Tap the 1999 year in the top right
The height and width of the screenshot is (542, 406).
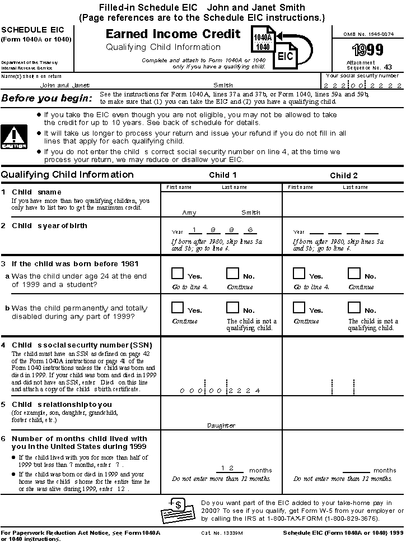tap(367, 50)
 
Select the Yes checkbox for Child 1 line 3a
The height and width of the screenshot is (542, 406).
tap(178, 273)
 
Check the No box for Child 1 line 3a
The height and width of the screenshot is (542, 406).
tap(232, 273)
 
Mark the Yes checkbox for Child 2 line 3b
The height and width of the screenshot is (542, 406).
tap(299, 307)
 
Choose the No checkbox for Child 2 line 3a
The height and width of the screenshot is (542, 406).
tap(354, 273)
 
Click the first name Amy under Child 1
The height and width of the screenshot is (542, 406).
tap(189, 212)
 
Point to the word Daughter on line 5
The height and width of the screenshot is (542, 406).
tap(221, 425)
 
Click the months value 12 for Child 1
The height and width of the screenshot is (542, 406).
tap(226, 467)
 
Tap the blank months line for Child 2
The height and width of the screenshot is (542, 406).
tap(356, 470)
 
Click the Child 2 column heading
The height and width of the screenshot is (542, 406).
tap(344, 175)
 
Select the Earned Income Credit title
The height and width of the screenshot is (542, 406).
tap(173, 34)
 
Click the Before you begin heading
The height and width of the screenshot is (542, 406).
tap(46, 99)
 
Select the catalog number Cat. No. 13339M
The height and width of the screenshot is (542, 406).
tap(222, 532)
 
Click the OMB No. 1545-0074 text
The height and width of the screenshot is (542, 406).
tap(368, 34)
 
